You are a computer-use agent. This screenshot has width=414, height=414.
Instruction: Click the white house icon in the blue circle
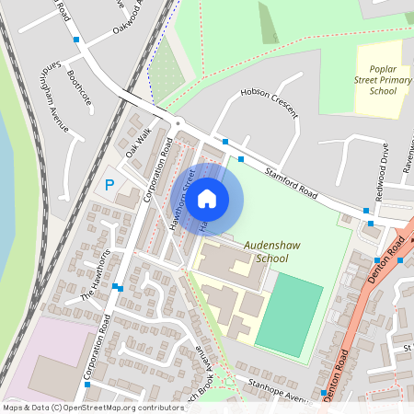click(207, 199)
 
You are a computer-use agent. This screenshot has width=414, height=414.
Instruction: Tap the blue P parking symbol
click(109, 185)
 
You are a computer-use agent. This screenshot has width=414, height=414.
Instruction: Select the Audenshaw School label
click(267, 252)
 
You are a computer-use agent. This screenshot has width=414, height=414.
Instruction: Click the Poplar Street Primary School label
click(383, 80)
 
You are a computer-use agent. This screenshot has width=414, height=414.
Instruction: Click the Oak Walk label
click(137, 146)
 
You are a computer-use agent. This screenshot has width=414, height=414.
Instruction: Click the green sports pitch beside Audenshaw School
click(290, 315)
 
